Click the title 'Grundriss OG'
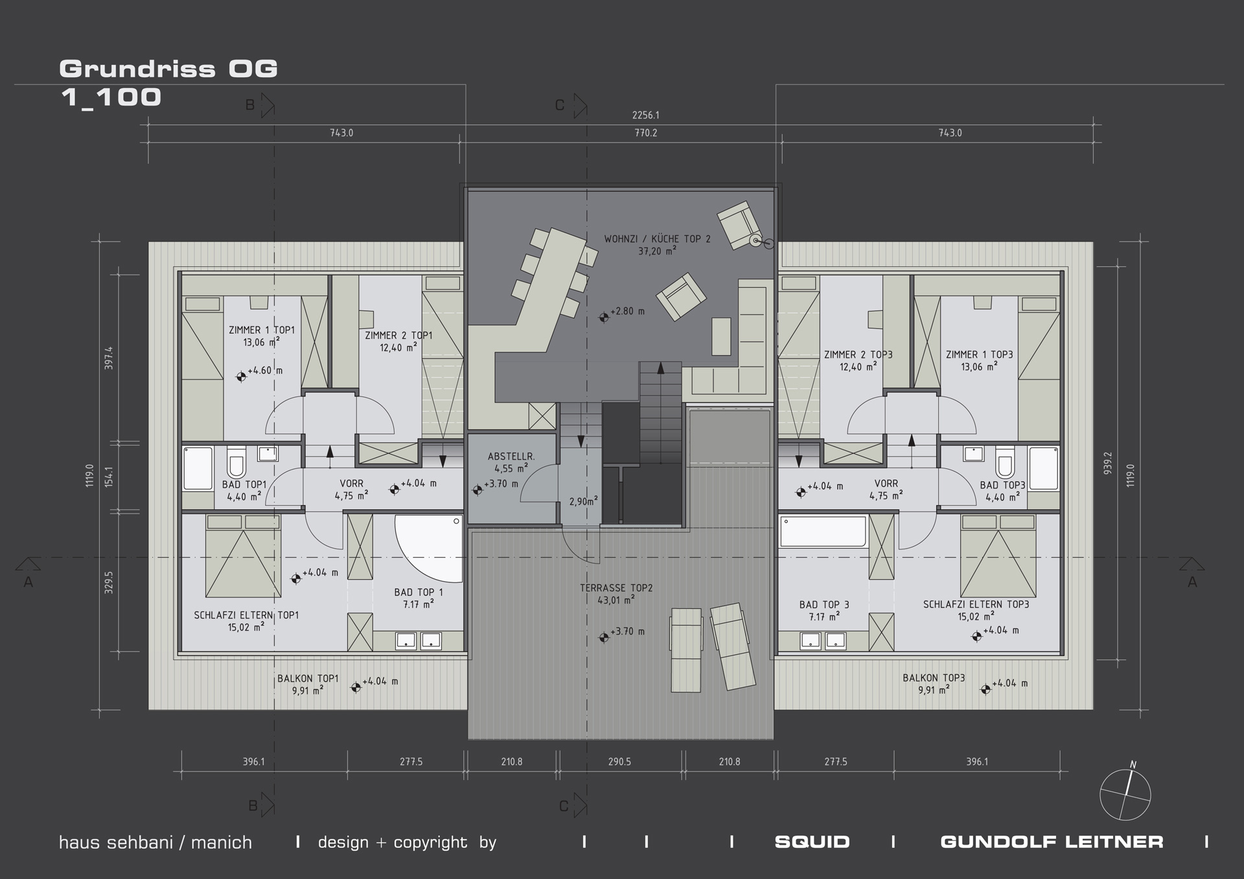pyautogui.click(x=168, y=69)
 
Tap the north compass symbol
pyautogui.click(x=1125, y=794)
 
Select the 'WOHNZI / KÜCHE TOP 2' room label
pyautogui.click(x=657, y=239)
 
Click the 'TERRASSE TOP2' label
pyautogui.click(x=616, y=588)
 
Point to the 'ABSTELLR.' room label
pyautogui.click(x=511, y=457)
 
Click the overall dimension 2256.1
pyautogui.click(x=645, y=115)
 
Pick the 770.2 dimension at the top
pyautogui.click(x=645, y=133)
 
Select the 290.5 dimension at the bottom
pyautogui.click(x=619, y=762)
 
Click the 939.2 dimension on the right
pyautogui.click(x=1108, y=463)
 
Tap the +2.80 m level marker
pyautogui.click(x=622, y=313)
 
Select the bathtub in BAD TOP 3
pyautogui.click(x=823, y=531)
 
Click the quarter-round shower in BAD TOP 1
pyautogui.click(x=430, y=548)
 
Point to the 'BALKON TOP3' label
pyautogui.click(x=934, y=678)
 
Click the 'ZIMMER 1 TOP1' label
pyautogui.click(x=262, y=330)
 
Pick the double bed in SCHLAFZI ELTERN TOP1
pyautogui.click(x=243, y=556)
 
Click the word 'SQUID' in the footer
pyautogui.click(x=812, y=842)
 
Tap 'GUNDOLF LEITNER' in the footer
pyautogui.click(x=1052, y=842)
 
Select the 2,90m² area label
pyautogui.click(x=584, y=501)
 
